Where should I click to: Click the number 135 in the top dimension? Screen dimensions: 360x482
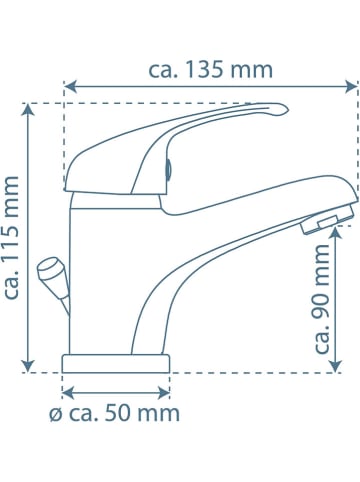[203, 70]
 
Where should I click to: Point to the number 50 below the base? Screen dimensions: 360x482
[116, 414]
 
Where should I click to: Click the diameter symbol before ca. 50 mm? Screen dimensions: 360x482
[56, 415]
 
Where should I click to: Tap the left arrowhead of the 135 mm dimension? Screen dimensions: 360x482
[71, 87]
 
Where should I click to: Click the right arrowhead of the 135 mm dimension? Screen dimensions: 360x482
[351, 87]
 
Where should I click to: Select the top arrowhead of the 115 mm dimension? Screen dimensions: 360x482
[28, 110]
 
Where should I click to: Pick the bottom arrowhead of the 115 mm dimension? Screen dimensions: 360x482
[28, 366]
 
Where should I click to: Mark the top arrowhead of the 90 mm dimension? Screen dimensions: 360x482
[336, 232]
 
